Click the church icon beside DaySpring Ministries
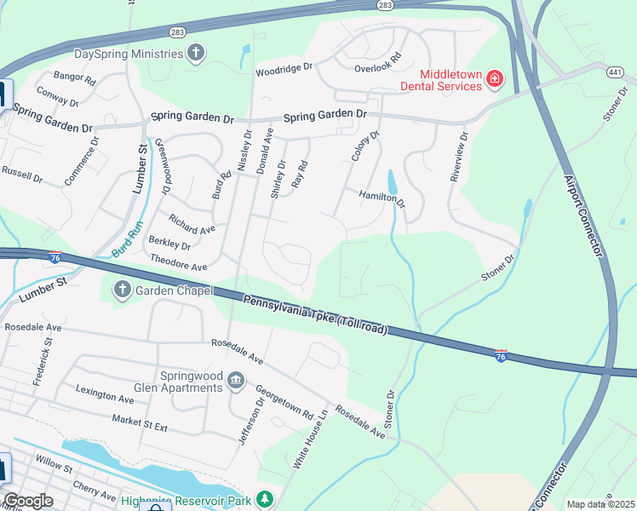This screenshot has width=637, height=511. [x=197, y=54]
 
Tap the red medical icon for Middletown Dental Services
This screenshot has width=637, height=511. [x=494, y=80]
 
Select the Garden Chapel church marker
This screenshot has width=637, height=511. [x=121, y=290]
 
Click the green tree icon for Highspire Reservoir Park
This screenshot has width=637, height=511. [x=266, y=498]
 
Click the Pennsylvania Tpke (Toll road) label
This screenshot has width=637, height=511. [x=315, y=313]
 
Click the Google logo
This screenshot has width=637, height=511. [x=28, y=501]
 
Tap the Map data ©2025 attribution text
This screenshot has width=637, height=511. [x=600, y=504]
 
